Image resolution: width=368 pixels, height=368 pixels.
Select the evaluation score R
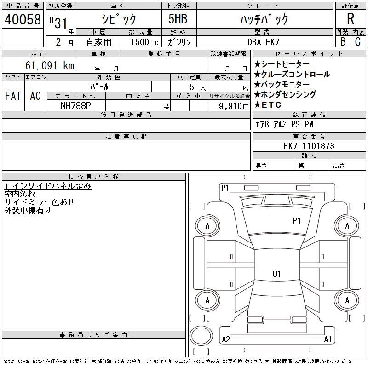(x=351, y=19)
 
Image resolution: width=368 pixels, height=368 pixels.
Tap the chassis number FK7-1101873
(x=309, y=146)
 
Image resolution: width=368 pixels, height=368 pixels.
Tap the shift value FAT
(x=13, y=96)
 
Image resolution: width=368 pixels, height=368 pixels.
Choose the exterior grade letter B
(x=343, y=41)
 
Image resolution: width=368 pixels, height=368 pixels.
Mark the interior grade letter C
(x=358, y=41)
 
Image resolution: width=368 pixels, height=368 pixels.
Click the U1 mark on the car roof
(x=276, y=274)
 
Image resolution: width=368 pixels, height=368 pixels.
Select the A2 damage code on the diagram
(x=226, y=339)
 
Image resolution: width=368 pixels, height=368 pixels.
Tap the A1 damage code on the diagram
(x=328, y=339)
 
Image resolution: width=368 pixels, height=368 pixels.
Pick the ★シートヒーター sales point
(x=282, y=64)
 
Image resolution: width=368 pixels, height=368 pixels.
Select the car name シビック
(x=118, y=19)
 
